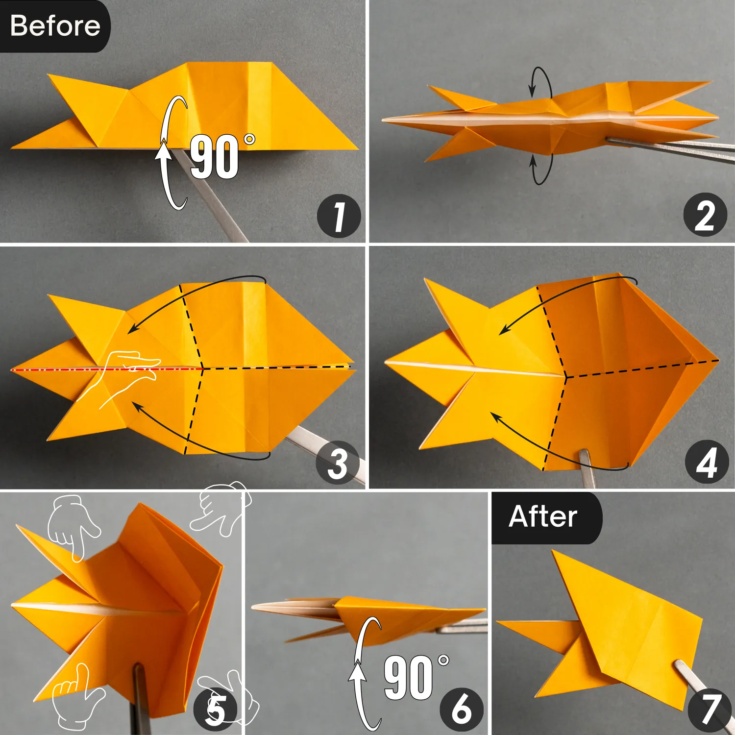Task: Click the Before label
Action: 55,25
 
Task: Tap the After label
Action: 544,517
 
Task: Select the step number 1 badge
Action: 339,217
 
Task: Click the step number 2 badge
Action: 705,215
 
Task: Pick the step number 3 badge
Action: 338,463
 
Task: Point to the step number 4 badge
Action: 706,463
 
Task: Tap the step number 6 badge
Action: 461,709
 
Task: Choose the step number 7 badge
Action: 709,709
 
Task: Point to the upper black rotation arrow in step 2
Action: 540,82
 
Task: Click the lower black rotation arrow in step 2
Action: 541,169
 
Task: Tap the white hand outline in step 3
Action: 125,377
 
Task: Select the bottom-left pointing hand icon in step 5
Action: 76,693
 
